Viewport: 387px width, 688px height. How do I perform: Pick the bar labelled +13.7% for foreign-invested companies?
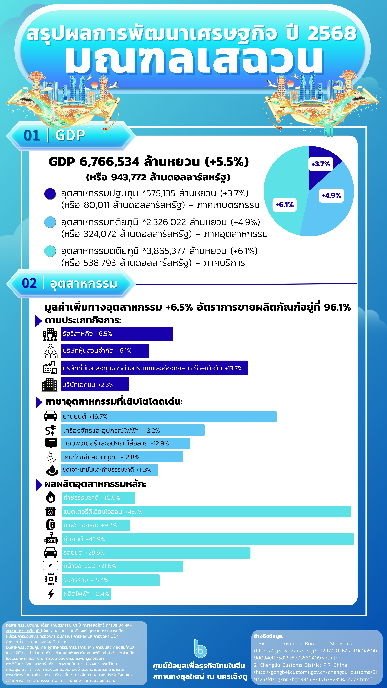(x=154, y=368)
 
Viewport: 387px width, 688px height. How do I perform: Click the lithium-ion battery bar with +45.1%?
(x=206, y=511)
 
